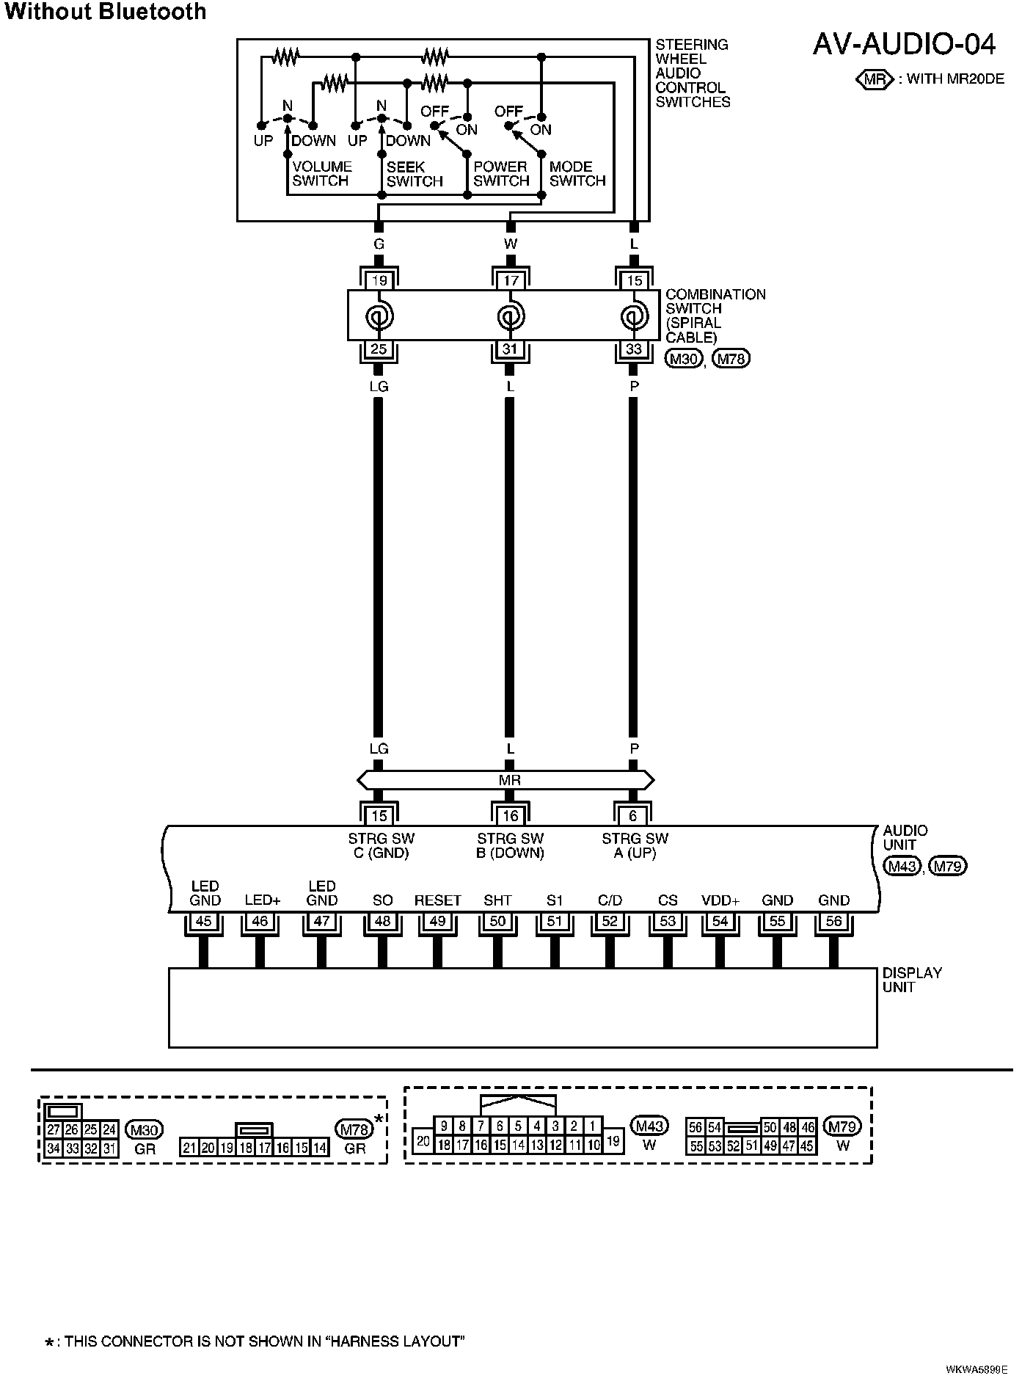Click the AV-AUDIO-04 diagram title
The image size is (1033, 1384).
click(904, 45)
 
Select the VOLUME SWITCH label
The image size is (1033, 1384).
click(322, 174)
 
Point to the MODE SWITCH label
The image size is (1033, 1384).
click(577, 174)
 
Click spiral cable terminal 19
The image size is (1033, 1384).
click(379, 280)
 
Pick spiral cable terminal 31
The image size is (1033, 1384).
click(510, 349)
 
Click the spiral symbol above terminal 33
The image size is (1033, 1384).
click(633, 317)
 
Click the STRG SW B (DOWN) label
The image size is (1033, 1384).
click(510, 845)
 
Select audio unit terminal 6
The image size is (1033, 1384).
click(634, 815)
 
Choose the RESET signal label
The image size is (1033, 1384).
click(437, 900)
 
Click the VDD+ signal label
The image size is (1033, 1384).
click(720, 900)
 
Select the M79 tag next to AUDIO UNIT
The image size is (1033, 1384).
click(948, 866)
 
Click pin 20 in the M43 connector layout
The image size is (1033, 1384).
click(423, 1141)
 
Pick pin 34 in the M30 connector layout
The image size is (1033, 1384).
click(53, 1148)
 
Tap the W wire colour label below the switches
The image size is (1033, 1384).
click(511, 244)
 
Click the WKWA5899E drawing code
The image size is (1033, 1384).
click(977, 1369)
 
